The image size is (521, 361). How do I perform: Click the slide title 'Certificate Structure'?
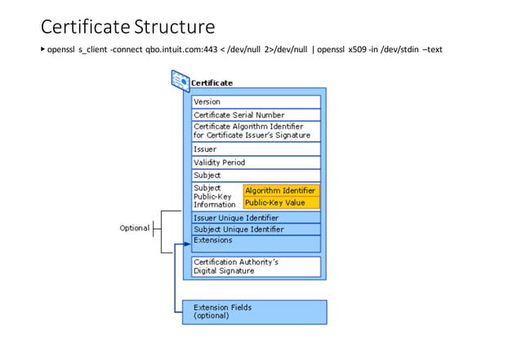click(x=127, y=27)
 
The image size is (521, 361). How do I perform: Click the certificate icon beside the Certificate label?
click(x=180, y=80)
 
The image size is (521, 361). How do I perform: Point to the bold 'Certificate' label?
click(x=212, y=82)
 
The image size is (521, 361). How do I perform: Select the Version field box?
click(x=256, y=102)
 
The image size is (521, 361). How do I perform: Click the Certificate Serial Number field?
click(x=256, y=115)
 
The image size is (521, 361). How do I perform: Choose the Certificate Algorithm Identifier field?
click(x=256, y=131)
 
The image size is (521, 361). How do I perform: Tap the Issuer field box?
click(x=256, y=150)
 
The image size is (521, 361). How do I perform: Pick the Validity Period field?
click(x=256, y=163)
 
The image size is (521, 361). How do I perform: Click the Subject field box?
click(x=256, y=176)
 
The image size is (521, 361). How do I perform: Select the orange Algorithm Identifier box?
click(x=280, y=190)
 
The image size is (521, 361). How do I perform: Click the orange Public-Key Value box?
click(x=280, y=203)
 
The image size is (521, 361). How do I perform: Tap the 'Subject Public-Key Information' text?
click(x=214, y=196)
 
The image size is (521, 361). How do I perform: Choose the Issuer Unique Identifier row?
click(x=256, y=218)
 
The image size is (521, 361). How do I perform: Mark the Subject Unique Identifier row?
click(x=256, y=230)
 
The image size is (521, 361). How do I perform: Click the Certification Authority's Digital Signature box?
click(x=256, y=266)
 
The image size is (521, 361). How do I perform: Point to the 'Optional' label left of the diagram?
click(x=135, y=228)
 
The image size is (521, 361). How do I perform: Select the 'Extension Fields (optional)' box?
click(x=254, y=311)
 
